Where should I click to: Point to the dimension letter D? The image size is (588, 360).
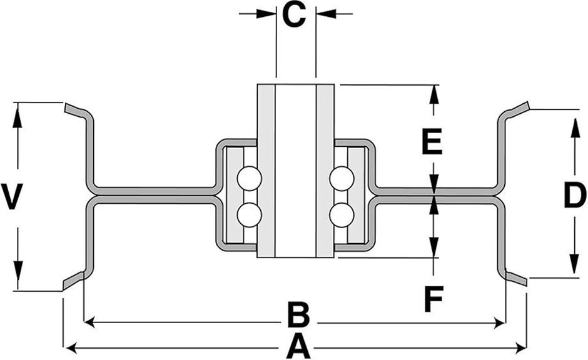tap(574, 196)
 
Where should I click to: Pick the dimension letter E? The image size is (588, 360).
tap(432, 142)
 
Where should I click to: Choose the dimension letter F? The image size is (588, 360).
tap(433, 299)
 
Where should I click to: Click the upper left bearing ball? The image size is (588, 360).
tap(249, 179)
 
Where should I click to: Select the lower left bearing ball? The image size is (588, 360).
tap(249, 214)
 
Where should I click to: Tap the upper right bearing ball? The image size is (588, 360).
tap(342, 179)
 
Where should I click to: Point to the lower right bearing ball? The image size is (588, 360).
tap(342, 214)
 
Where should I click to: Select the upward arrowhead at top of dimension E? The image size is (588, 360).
tap(433, 92)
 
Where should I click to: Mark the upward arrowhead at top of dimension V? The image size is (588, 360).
tap(17, 111)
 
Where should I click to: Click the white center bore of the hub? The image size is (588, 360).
tap(296, 169)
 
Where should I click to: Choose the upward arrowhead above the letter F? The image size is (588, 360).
tap(433, 201)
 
